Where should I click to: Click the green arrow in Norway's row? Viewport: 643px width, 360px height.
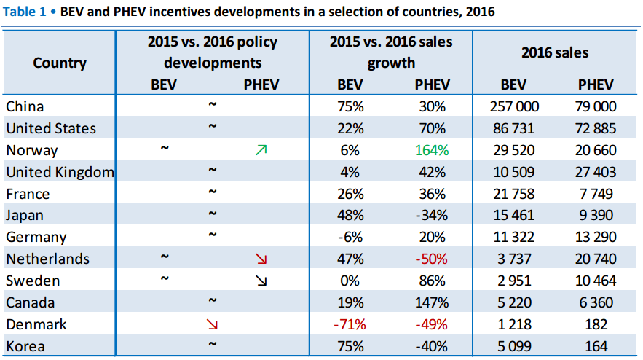(261, 150)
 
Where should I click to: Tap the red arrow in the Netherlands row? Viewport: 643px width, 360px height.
(261, 259)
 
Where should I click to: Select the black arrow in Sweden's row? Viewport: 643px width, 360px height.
(261, 281)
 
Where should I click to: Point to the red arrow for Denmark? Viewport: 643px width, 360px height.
(212, 324)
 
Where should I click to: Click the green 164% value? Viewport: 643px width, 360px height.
(432, 150)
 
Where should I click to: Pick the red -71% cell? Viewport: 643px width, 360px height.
(350, 324)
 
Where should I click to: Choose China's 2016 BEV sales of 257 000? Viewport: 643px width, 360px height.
(514, 106)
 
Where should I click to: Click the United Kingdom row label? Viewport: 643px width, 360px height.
(60, 172)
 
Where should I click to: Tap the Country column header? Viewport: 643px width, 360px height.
(60, 63)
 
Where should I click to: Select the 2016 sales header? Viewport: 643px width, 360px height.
(555, 52)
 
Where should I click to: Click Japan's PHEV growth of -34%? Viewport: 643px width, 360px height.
(432, 215)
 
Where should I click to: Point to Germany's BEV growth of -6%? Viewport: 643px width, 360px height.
(350, 237)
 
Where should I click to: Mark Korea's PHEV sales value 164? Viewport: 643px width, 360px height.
(596, 346)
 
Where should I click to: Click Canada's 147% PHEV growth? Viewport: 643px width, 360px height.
(432, 302)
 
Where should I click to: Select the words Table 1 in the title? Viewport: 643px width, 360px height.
(25, 12)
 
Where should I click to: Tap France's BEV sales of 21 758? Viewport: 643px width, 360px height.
(514, 194)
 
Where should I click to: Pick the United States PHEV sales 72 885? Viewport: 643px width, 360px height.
(596, 128)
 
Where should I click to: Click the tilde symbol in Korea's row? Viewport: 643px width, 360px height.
(212, 343)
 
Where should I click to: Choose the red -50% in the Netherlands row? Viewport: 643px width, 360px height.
(432, 259)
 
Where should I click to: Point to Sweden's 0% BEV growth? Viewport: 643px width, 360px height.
(350, 281)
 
